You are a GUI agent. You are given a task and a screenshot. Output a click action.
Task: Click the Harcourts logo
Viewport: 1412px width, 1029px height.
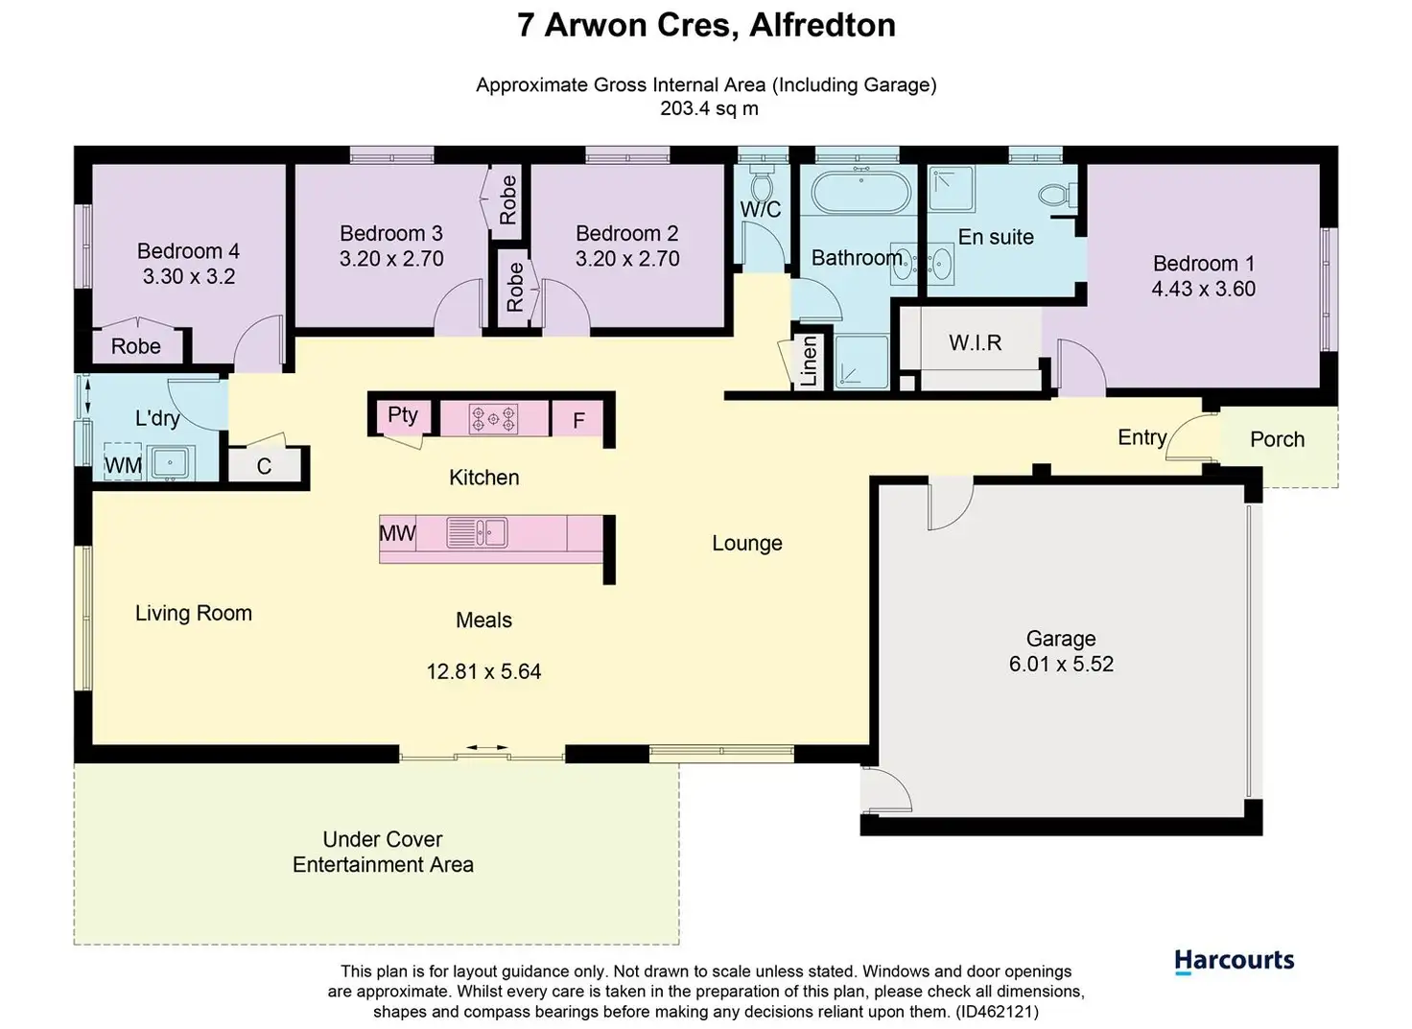[1234, 962]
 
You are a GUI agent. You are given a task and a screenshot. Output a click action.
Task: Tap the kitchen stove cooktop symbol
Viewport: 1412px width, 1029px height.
[494, 419]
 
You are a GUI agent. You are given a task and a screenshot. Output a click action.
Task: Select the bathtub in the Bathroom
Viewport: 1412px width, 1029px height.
[861, 192]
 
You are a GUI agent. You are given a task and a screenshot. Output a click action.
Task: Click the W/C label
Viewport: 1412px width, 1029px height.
[761, 209]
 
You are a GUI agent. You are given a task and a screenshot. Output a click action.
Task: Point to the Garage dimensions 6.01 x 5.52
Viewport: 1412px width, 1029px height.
[1062, 665]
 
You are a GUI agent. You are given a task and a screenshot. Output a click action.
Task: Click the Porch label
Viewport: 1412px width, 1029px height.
[1277, 439]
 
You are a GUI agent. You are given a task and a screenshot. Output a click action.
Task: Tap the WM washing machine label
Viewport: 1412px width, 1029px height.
[123, 466]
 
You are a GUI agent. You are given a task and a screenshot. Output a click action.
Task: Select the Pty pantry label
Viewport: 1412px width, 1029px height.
[403, 416]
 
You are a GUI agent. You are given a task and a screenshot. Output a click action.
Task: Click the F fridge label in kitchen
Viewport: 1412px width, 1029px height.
[578, 420]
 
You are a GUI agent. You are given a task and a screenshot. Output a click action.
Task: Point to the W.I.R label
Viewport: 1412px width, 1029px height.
[976, 342]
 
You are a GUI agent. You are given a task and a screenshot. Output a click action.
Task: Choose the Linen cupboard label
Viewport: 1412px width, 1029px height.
[809, 362]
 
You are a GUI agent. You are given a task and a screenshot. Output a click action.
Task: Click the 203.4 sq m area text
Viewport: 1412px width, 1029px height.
[709, 108]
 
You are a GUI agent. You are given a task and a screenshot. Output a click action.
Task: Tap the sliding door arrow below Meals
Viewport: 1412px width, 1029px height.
[487, 747]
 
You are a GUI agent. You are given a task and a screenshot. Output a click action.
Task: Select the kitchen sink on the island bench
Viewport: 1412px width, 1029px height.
[477, 533]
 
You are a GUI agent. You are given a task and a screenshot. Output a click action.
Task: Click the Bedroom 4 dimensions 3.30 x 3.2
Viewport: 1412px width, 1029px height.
[188, 276]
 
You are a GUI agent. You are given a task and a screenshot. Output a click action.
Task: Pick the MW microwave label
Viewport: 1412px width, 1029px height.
[397, 534]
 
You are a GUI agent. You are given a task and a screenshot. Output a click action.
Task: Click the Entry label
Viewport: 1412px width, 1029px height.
[1142, 437]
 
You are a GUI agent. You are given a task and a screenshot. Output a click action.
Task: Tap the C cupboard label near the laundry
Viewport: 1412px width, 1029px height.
[264, 466]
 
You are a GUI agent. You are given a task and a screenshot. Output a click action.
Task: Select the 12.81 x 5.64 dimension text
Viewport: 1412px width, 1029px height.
[483, 671]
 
